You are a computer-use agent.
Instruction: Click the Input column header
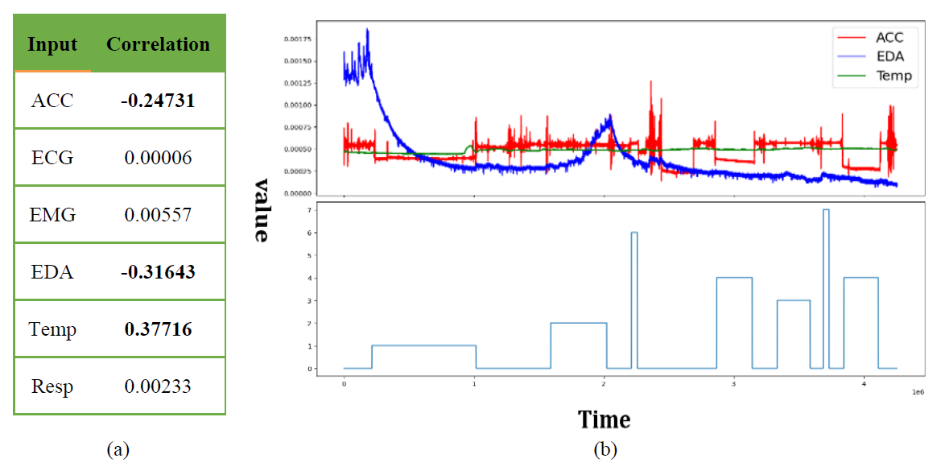click(53, 43)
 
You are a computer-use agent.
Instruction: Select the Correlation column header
click(158, 43)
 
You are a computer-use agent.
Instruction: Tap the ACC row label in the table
click(53, 101)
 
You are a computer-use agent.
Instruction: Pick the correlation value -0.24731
click(158, 101)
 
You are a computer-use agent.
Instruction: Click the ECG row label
click(53, 158)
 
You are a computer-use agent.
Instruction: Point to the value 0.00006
click(158, 158)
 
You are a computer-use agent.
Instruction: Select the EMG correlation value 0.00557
click(158, 215)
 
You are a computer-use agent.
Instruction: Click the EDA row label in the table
click(53, 272)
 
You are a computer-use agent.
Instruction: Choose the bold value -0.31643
click(158, 272)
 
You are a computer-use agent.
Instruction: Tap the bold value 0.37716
click(158, 329)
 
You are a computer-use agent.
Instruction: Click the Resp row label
click(53, 386)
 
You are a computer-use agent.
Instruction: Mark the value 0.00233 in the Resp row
click(158, 386)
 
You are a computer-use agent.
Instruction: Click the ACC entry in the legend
click(889, 37)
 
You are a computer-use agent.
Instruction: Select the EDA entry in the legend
click(889, 56)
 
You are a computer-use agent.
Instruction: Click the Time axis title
click(604, 419)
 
